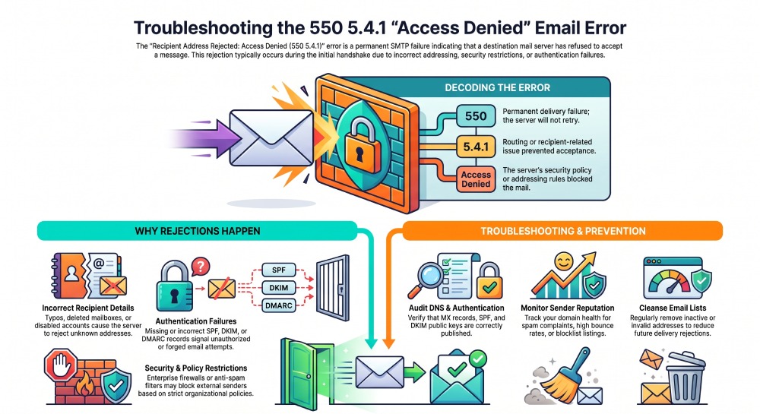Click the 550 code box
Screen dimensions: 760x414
pyautogui.click(x=476, y=116)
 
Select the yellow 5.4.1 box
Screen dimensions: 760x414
pyautogui.click(x=476, y=147)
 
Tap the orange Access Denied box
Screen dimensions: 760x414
pyautogui.click(x=476, y=179)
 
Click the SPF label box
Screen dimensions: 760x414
pyautogui.click(x=279, y=270)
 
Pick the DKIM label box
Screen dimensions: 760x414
pyautogui.click(x=279, y=288)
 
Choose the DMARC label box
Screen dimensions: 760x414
pyautogui.click(x=279, y=305)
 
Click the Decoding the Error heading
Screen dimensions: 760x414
pyautogui.click(x=497, y=87)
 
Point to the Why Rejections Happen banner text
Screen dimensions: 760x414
pyautogui.click(x=198, y=231)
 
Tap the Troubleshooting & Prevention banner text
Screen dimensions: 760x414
pyautogui.click(x=562, y=231)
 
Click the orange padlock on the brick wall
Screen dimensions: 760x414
pyautogui.click(x=359, y=145)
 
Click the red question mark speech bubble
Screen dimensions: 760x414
pyautogui.click(x=200, y=267)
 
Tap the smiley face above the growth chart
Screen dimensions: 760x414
pyautogui.click(x=564, y=262)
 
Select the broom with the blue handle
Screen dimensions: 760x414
pyautogui.click(x=565, y=374)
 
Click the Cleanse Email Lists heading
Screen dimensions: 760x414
pyautogui.click(x=673, y=308)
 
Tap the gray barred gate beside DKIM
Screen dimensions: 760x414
pyautogui.click(x=333, y=287)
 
